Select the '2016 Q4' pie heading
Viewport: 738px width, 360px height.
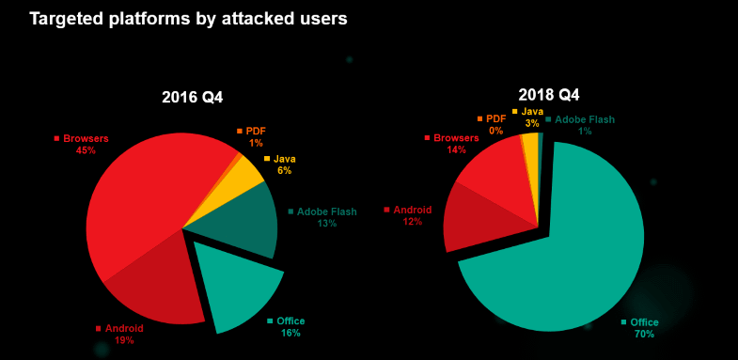[x=192, y=97]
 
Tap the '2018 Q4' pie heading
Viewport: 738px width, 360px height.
[x=549, y=95]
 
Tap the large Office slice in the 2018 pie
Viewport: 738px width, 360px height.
[x=564, y=254]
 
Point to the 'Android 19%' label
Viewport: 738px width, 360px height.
[x=123, y=334]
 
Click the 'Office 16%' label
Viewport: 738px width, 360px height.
[x=290, y=327]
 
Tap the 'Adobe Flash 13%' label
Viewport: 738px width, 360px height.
[x=326, y=217]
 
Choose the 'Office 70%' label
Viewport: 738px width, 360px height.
[x=644, y=328]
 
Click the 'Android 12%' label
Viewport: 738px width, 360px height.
[x=412, y=215]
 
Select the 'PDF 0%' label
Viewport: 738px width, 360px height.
[x=495, y=124]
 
